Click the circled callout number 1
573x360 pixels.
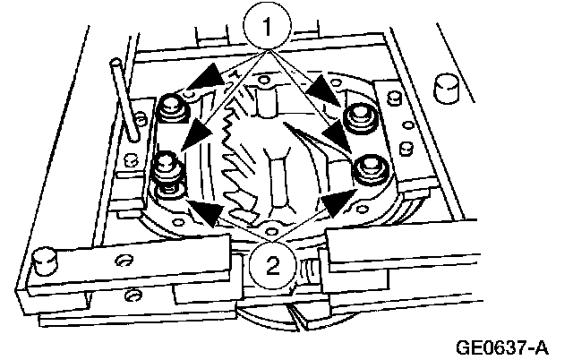[x=266, y=28]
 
